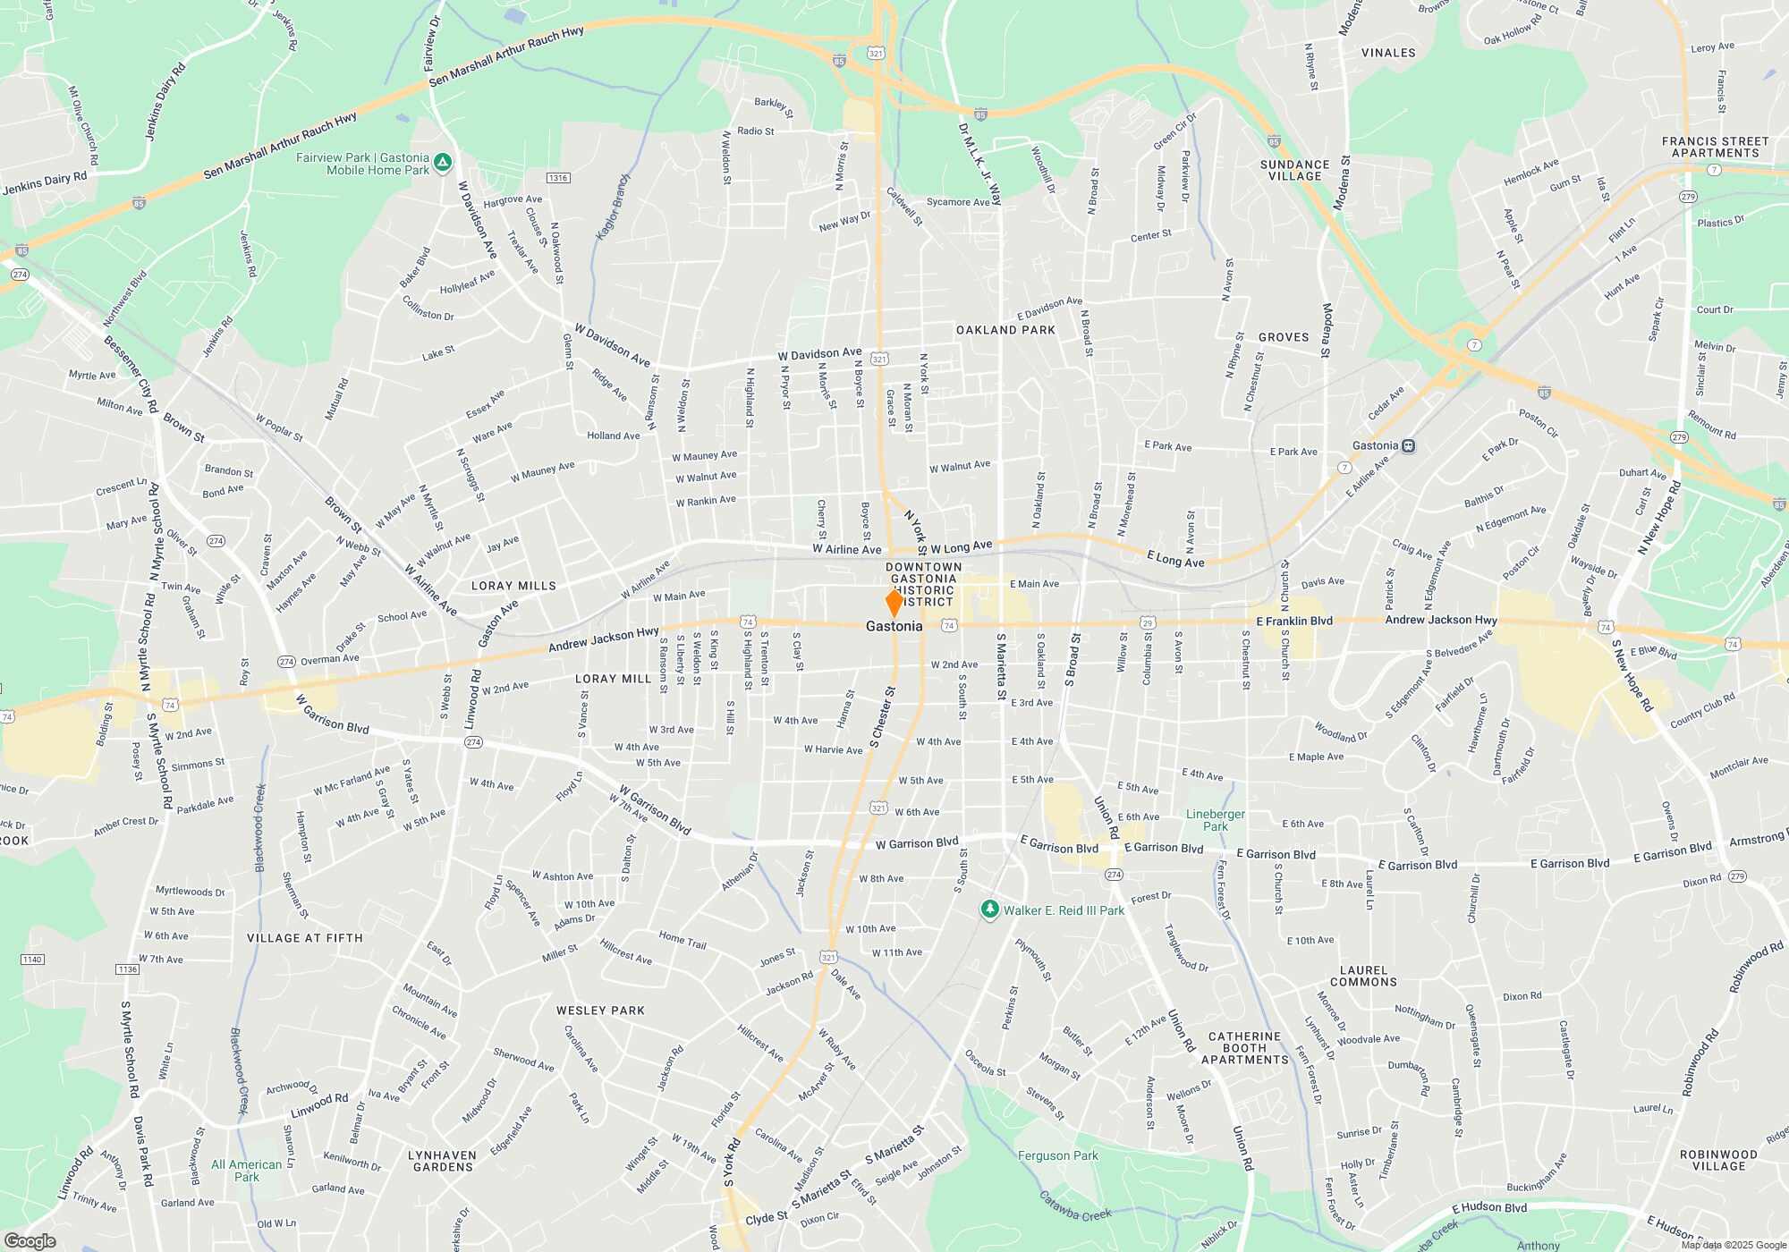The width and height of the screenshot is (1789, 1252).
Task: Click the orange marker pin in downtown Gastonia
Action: click(x=894, y=602)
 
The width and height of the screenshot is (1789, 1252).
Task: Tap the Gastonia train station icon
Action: click(x=1408, y=445)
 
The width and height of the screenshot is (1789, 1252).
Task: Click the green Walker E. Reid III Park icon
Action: click(x=989, y=909)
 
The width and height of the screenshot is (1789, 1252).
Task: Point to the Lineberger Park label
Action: click(x=1215, y=820)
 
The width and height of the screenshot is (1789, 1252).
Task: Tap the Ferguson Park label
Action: click(x=1057, y=1155)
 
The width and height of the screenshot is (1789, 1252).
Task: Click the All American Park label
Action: click(x=246, y=1171)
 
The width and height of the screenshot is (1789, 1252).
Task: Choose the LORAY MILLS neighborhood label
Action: click(x=513, y=586)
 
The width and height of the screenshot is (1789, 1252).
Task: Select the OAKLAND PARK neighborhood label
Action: click(x=1005, y=330)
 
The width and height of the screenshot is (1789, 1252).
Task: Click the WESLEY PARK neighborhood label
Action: click(x=600, y=1011)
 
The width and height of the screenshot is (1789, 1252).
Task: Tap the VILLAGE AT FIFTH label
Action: click(x=304, y=938)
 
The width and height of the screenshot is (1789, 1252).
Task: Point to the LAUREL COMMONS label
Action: click(x=1363, y=976)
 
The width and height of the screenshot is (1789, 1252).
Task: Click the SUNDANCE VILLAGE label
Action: click(x=1294, y=170)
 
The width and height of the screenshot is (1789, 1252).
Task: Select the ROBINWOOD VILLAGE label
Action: click(x=1718, y=1160)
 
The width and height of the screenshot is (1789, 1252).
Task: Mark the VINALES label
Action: click(x=1388, y=53)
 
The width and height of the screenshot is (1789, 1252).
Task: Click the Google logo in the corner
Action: click(x=30, y=1240)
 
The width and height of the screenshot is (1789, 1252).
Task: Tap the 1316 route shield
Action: click(x=558, y=178)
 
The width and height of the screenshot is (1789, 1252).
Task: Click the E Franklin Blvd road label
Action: click(x=1293, y=621)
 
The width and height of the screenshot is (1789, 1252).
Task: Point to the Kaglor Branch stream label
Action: click(x=613, y=207)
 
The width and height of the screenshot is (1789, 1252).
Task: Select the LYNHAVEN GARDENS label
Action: click(x=442, y=1161)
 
